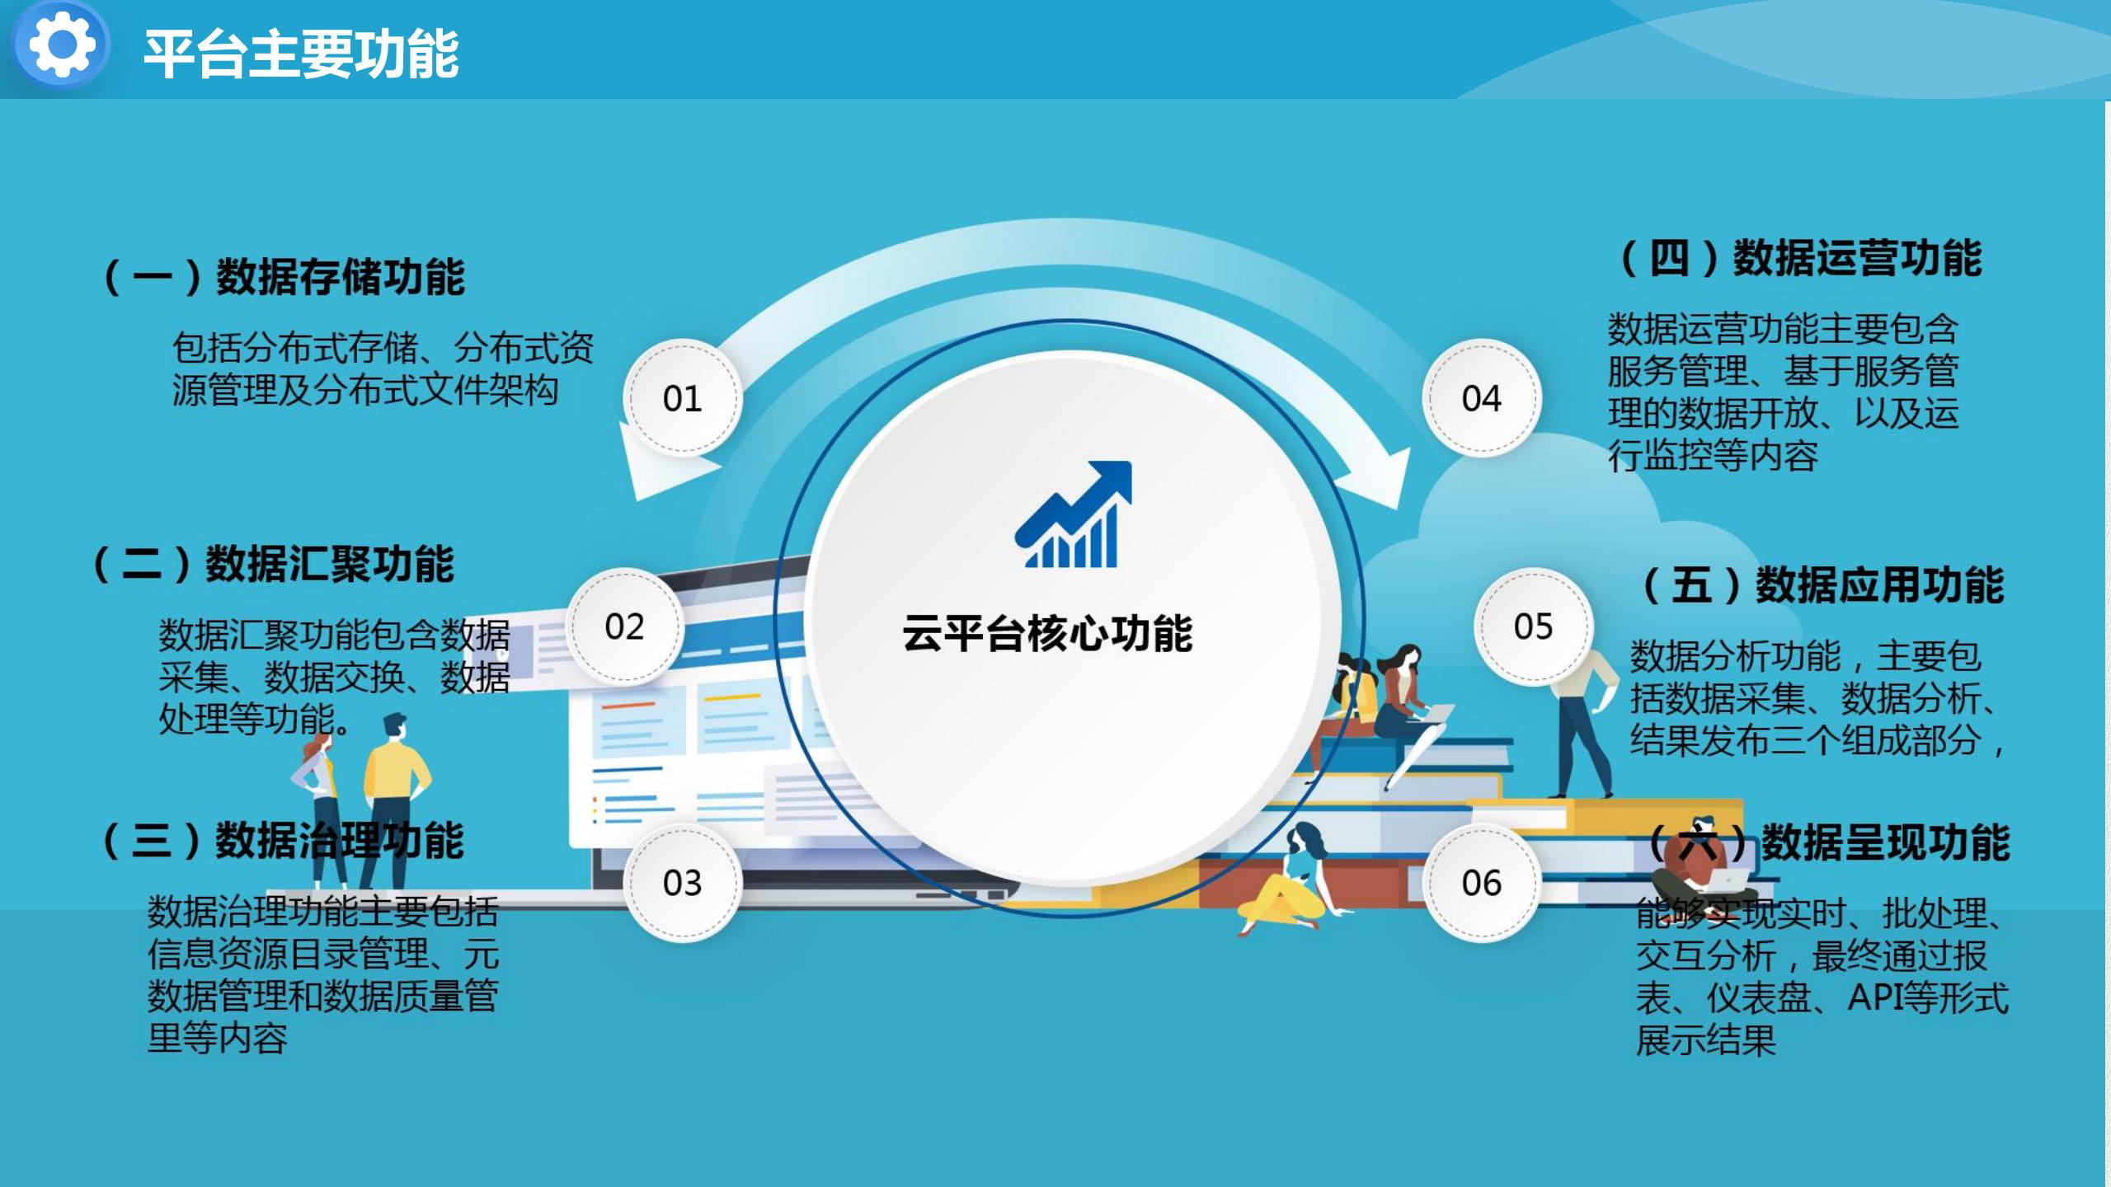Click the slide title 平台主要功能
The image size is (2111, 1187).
[x=302, y=54]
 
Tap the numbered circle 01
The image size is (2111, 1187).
[x=683, y=398]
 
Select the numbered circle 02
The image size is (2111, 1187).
[x=624, y=626]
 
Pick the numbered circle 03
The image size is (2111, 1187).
[x=683, y=883]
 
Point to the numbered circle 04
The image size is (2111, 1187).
[x=1482, y=398]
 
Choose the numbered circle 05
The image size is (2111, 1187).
[x=1533, y=626]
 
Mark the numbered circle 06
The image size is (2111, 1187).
[x=1482, y=883]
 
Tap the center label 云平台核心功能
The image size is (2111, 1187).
[x=1047, y=633]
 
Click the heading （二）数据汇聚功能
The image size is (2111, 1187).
[x=273, y=565]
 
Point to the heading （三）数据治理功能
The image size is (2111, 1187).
[x=282, y=841]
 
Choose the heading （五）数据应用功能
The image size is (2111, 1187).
[x=1822, y=585]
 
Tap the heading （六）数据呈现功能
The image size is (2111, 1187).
[x=1828, y=842]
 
